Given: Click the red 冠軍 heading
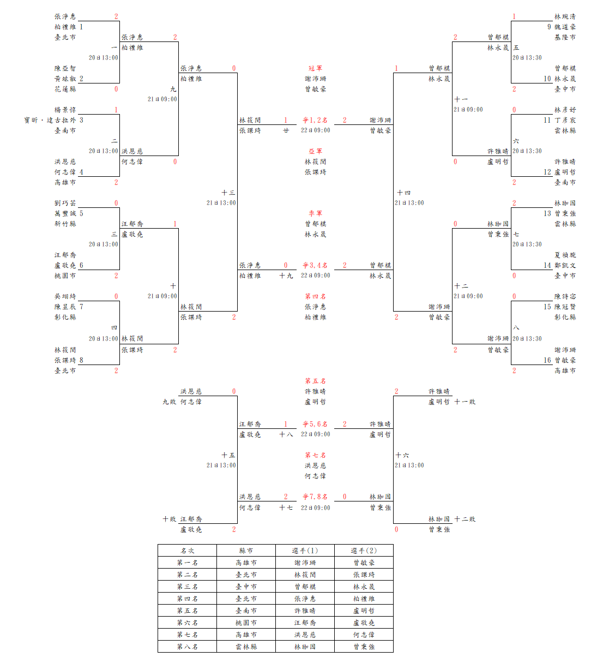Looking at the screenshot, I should click(x=315, y=68).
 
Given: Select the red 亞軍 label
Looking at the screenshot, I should click(x=315, y=151).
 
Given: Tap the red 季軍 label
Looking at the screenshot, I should click(x=315, y=213).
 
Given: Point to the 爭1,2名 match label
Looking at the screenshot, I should click(x=315, y=120).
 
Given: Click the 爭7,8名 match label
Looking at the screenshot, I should click(x=315, y=497).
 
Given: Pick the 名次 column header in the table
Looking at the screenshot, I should click(x=187, y=551).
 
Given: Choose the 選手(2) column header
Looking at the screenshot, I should click(x=364, y=551).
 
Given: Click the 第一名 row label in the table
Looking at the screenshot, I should click(x=187, y=563).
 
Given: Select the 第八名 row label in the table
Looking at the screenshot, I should click(x=187, y=647).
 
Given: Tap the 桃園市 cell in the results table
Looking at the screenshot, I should click(x=246, y=623).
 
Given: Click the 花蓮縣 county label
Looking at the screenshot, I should click(x=65, y=89).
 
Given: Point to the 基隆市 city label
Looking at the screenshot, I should click(x=565, y=37).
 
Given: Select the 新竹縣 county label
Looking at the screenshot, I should click(x=65, y=224).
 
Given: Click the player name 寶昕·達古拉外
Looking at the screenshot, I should click(x=50, y=120).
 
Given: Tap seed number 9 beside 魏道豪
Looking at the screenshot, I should click(x=549, y=27).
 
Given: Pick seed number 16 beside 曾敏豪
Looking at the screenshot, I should click(x=547, y=360).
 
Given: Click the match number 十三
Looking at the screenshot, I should click(x=228, y=193).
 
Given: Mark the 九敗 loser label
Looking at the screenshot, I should click(x=169, y=402).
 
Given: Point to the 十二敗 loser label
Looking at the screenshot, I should click(x=465, y=519).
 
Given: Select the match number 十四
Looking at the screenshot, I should click(x=403, y=193).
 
